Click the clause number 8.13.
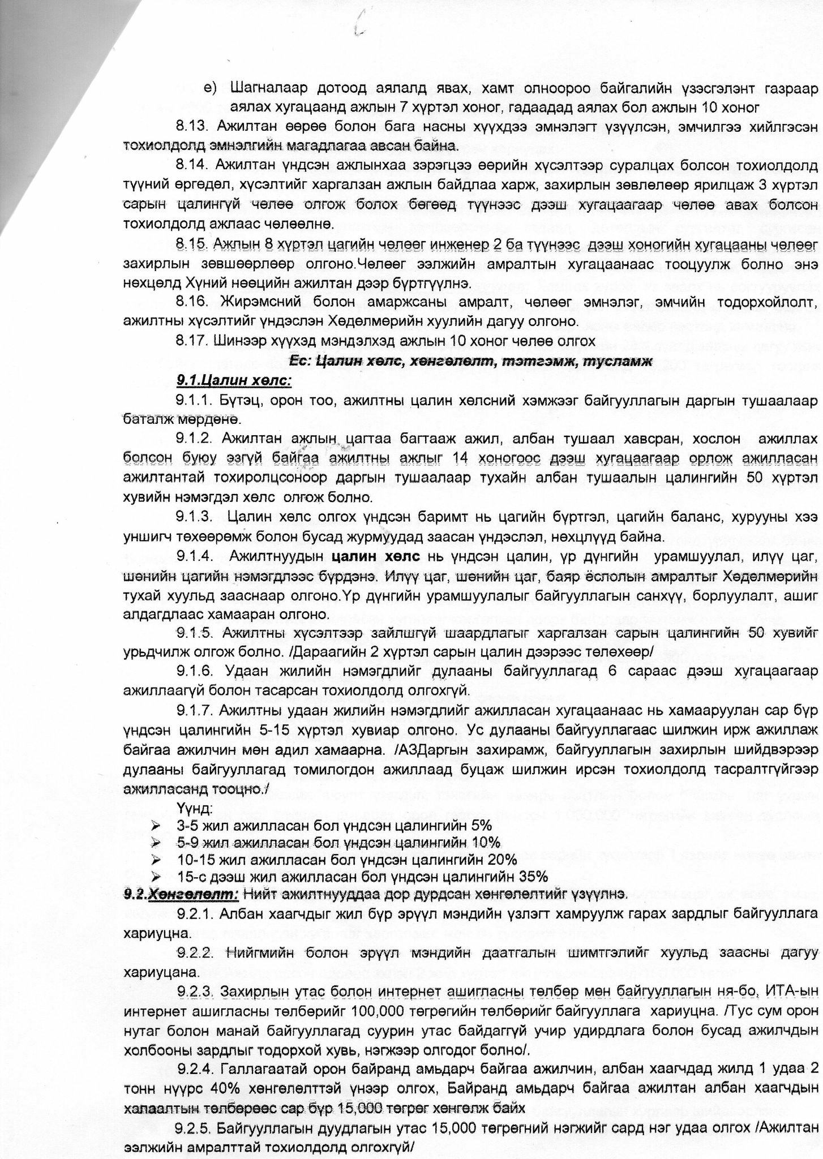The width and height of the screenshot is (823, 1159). (193, 125)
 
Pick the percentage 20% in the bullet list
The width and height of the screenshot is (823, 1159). (502, 859)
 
